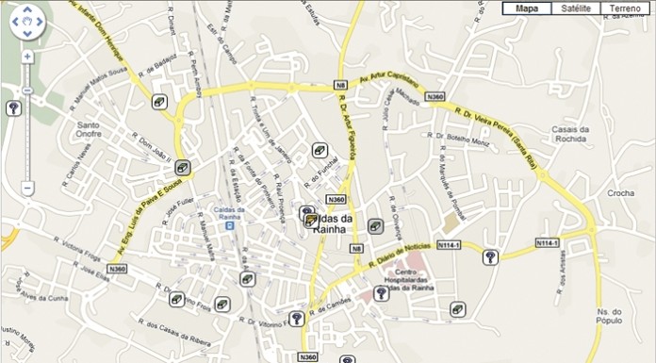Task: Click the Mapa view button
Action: click(527, 8)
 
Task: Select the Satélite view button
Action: click(576, 8)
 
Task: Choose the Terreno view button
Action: click(625, 8)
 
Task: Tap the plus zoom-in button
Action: click(27, 57)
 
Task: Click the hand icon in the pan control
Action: click(27, 20)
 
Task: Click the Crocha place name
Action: click(621, 193)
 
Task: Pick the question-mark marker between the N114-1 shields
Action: click(490, 257)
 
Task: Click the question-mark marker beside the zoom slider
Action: click(13, 108)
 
